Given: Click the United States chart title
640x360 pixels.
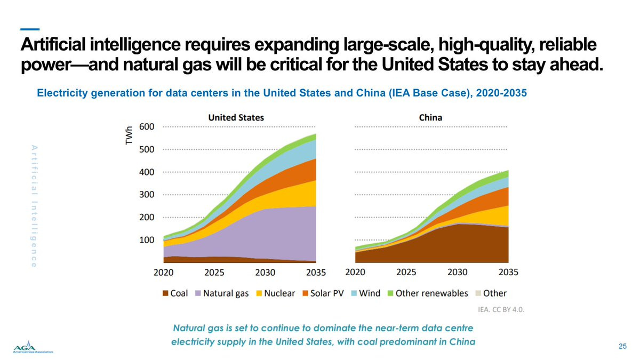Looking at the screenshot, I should (236, 117).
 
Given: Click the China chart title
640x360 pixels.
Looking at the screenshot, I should (430, 117).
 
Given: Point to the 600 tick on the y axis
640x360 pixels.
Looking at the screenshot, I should (147, 127).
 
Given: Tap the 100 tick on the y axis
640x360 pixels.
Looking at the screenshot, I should (147, 240).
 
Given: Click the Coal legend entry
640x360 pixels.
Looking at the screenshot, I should (174, 293).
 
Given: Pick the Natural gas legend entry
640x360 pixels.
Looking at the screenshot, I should (222, 293).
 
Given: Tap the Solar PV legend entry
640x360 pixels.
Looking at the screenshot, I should (323, 293).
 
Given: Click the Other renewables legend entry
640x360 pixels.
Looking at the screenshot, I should (428, 293).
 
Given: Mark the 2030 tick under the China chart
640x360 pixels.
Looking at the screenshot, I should (457, 273).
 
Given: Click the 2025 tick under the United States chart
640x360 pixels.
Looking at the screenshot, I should (214, 273).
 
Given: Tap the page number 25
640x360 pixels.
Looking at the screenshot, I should (622, 347).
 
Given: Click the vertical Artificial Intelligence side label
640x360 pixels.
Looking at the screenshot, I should (34, 206).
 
